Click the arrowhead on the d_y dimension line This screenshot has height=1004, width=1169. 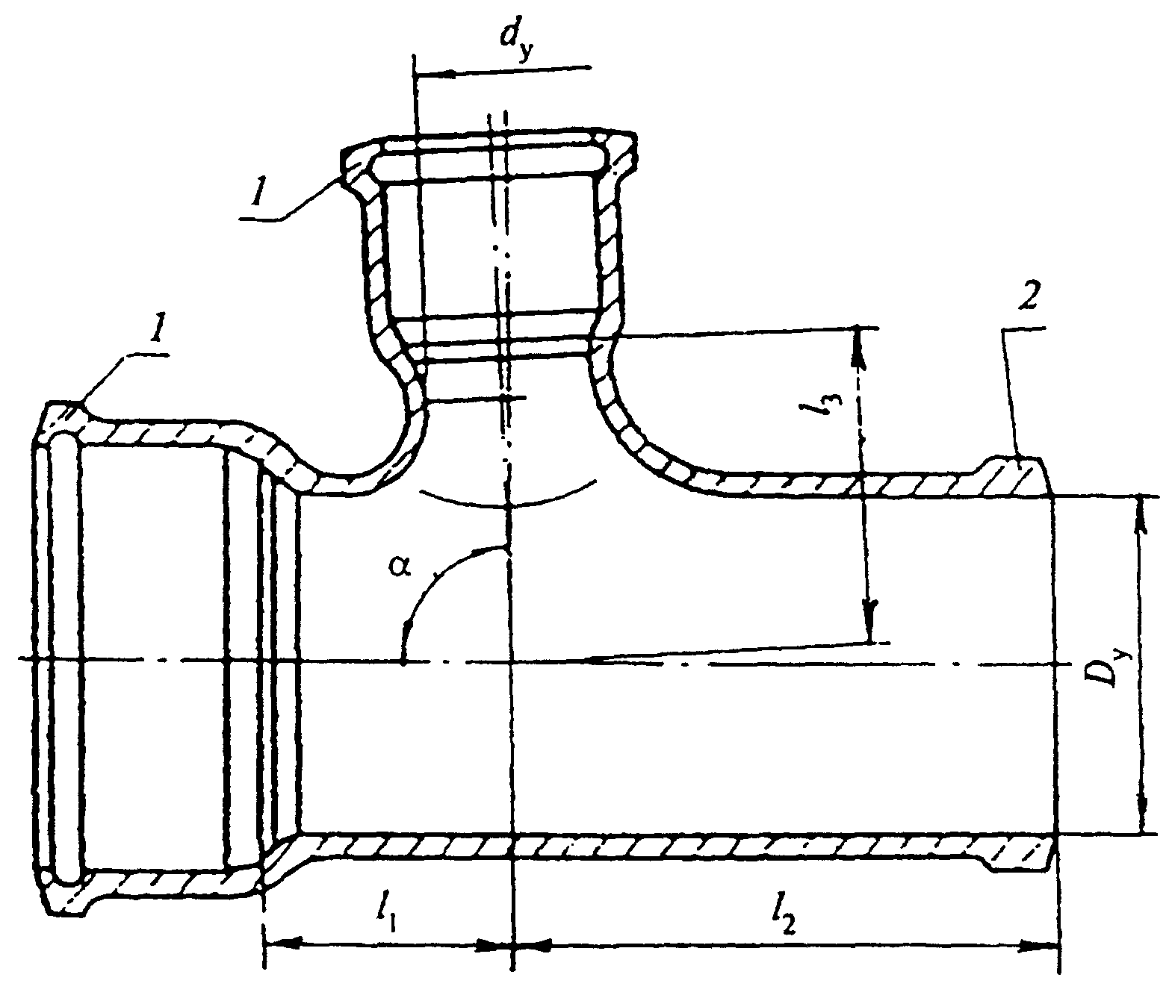coord(436,73)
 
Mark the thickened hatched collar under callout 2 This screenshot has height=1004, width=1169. coord(1012,476)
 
